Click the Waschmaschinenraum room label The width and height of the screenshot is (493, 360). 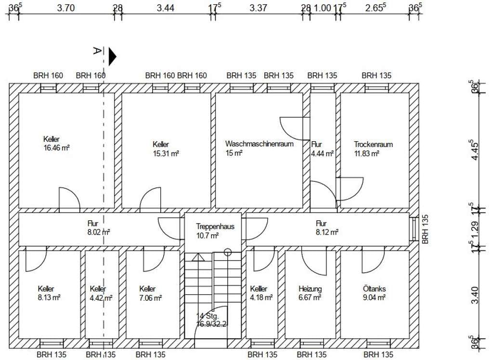click(259, 144)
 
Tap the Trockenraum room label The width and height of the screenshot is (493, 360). click(373, 145)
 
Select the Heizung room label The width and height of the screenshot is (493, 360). click(310, 289)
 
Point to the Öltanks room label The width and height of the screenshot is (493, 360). click(374, 288)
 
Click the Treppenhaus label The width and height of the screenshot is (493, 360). click(215, 226)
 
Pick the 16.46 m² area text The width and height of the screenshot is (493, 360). click(56, 148)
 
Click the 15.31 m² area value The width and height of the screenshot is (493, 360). click(166, 154)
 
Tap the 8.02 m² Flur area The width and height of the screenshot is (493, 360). click(99, 233)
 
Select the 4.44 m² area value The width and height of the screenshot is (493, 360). click(322, 154)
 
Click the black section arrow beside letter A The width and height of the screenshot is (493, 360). click(112, 57)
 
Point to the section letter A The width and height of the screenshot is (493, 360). click(97, 50)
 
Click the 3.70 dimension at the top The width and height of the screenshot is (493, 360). click(65, 8)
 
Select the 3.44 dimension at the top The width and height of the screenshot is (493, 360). click(166, 8)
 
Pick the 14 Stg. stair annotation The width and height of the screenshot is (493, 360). click(208, 316)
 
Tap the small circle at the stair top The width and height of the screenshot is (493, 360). click(228, 252)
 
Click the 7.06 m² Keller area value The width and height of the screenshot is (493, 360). click(151, 298)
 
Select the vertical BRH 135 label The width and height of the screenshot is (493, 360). click(425, 229)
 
